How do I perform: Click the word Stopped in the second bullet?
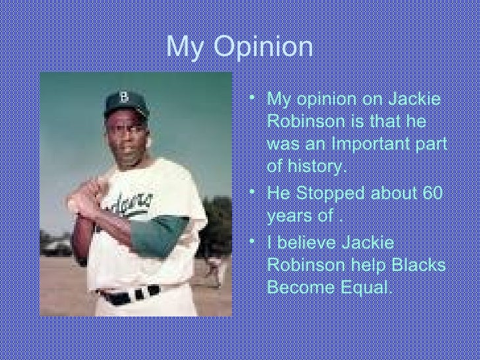(x=329, y=193)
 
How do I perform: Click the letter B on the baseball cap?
(x=124, y=98)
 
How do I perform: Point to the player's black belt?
(x=129, y=294)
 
